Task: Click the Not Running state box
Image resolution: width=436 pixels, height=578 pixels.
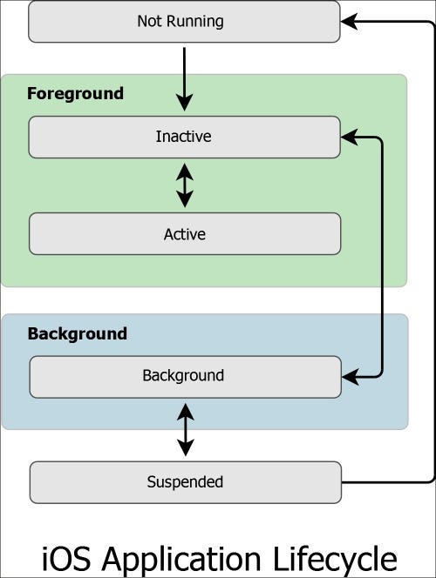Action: [87, 22]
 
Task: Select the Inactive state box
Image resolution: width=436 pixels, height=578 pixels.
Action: [87, 138]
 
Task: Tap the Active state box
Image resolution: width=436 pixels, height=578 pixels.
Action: [87, 233]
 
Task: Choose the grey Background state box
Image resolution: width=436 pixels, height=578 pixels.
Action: [87, 376]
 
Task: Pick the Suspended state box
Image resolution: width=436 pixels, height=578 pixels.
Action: [87, 482]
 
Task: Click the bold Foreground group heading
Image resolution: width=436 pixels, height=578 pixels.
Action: [75, 93]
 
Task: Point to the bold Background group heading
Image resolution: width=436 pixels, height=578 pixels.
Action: [77, 333]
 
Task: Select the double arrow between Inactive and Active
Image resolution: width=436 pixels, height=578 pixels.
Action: [184, 185]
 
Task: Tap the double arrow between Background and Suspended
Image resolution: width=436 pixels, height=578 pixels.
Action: [184, 428]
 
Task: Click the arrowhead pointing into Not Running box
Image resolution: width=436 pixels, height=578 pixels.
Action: [349, 22]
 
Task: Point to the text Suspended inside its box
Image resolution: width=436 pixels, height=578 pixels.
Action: [184, 482]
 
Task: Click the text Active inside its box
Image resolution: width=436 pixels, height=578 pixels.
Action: [184, 233]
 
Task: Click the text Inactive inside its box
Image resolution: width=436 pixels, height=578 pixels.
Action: [184, 138]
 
